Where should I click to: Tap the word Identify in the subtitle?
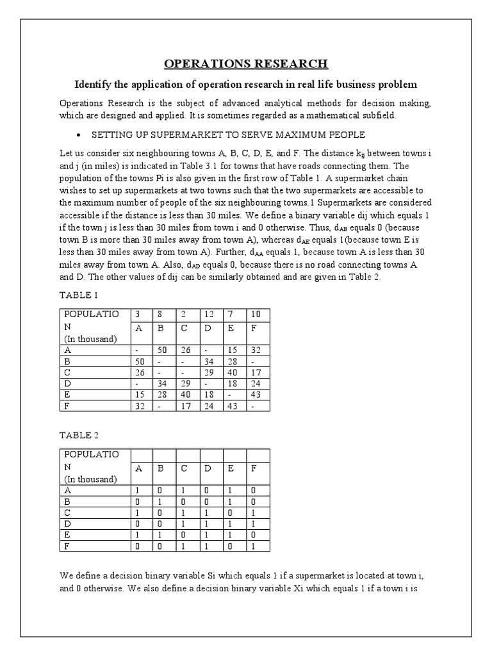[96, 84]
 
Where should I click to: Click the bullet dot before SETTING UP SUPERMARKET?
[78, 135]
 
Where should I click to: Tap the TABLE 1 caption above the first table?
[79, 295]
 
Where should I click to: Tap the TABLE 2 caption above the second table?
[79, 435]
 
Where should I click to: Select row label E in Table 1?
[66, 395]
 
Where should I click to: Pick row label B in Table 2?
[66, 501]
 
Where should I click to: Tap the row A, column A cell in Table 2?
[137, 489]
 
